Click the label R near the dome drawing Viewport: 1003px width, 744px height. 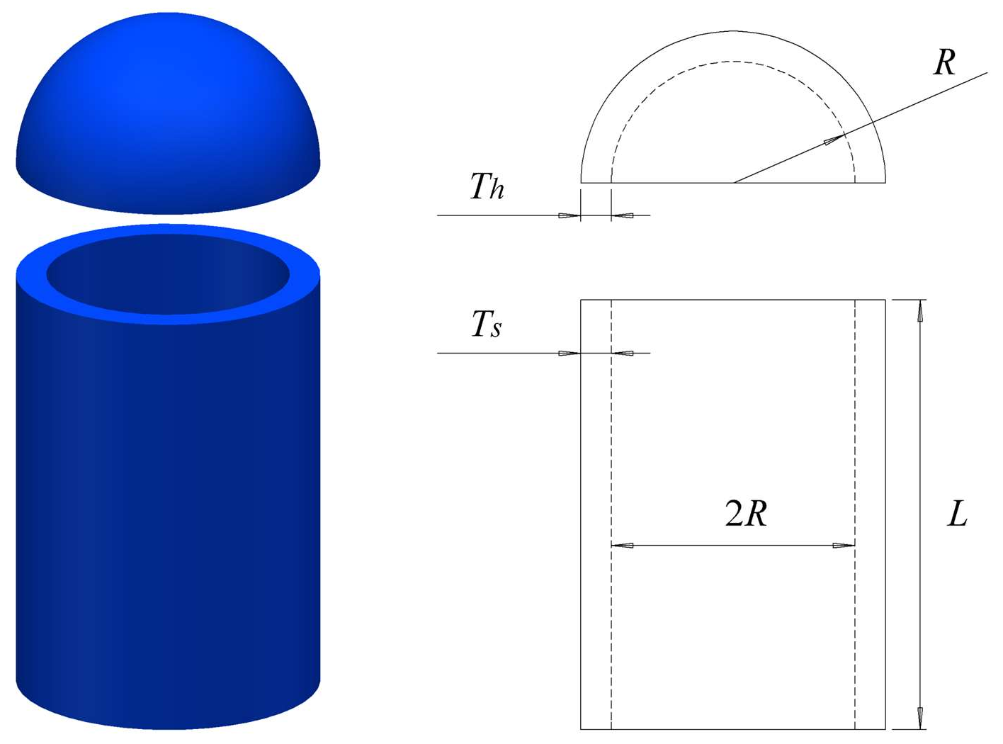(x=944, y=62)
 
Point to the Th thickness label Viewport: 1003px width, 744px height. (x=487, y=186)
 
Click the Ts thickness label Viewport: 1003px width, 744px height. (x=487, y=325)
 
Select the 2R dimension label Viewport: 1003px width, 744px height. (x=746, y=514)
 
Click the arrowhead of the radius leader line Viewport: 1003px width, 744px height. (x=835, y=140)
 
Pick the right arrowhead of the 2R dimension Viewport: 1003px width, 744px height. (x=844, y=546)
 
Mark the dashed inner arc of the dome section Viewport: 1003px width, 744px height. (x=734, y=62)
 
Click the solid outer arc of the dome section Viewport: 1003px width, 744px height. (x=734, y=31)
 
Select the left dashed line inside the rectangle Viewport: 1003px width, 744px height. (x=611, y=439)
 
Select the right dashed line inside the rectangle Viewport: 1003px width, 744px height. (x=855, y=439)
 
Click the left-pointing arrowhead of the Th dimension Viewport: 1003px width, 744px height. (x=621, y=215)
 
